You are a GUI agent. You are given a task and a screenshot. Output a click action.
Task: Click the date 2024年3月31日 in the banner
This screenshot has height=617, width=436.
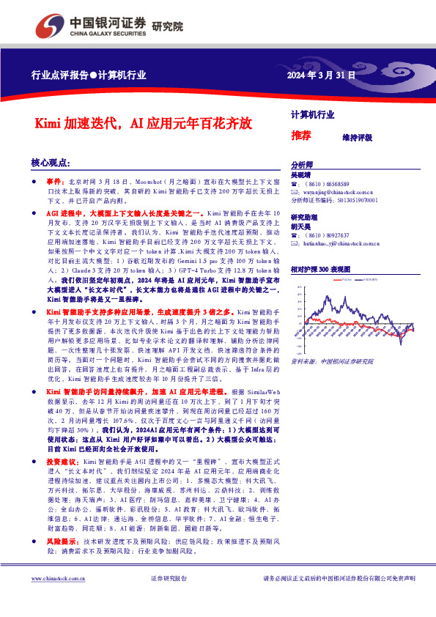point(320,75)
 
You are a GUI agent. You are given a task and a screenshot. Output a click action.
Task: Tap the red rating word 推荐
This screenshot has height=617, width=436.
point(301,136)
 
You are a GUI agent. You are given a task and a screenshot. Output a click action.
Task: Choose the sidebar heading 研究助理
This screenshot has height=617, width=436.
point(305,218)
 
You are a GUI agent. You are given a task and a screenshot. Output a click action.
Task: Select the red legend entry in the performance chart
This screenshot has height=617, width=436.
point(345,279)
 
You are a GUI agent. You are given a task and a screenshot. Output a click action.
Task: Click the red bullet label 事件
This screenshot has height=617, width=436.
point(56,180)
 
